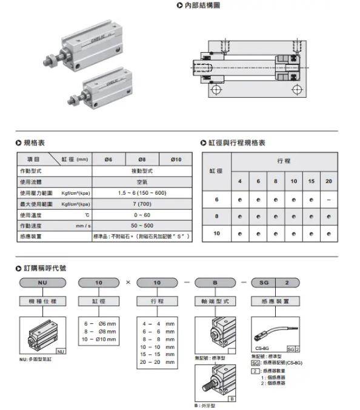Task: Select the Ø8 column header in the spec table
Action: (x=142, y=159)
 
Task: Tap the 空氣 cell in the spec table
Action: (x=142, y=181)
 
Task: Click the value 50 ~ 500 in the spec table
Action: (x=142, y=225)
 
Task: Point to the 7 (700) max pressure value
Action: (x=142, y=203)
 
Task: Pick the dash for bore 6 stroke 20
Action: (x=328, y=199)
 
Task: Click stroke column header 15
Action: (x=311, y=181)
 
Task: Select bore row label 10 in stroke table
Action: (x=216, y=233)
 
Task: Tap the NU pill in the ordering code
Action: (x=42, y=283)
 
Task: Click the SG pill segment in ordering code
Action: (x=265, y=283)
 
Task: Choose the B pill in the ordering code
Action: (x=213, y=283)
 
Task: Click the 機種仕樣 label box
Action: (x=42, y=300)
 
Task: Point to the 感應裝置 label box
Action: (x=275, y=300)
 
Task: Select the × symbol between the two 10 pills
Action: (x=128, y=283)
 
